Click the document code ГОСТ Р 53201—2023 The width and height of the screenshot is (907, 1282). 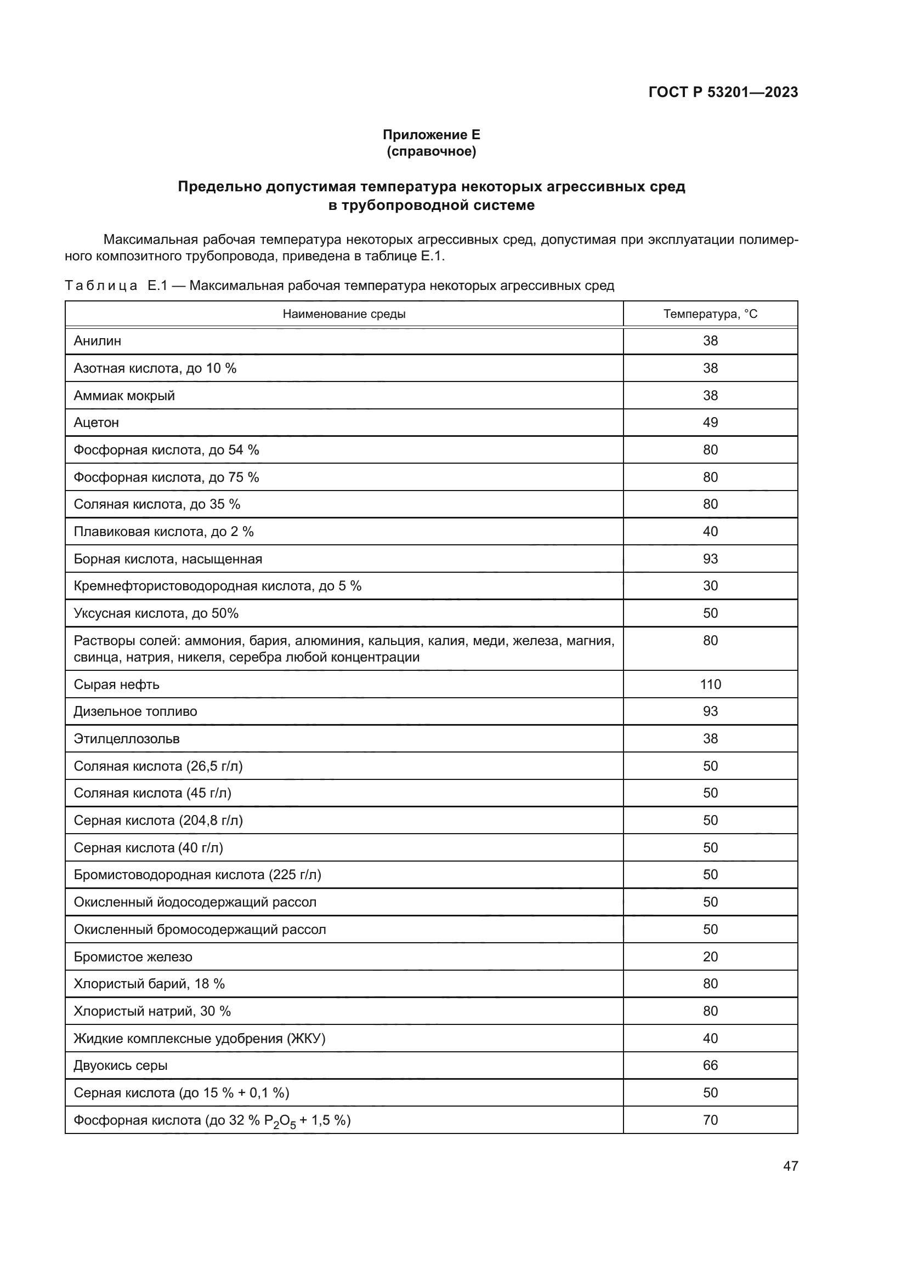click(723, 92)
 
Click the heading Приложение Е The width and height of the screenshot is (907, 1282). click(431, 135)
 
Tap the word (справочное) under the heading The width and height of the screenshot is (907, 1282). click(431, 151)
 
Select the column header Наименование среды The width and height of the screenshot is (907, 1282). click(344, 314)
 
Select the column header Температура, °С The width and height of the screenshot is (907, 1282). click(710, 314)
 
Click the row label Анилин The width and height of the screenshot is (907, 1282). click(97, 340)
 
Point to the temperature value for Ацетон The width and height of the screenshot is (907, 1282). click(710, 423)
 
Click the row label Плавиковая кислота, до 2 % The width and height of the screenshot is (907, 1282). click(163, 532)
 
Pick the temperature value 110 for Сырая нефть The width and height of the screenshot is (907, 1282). click(710, 685)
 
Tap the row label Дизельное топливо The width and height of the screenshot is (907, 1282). click(135, 711)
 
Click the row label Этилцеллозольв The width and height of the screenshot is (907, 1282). click(127, 739)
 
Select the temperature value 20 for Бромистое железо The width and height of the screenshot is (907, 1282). click(710, 957)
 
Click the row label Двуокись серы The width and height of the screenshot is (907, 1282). click(121, 1066)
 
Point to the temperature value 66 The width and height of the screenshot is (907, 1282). click(710, 1066)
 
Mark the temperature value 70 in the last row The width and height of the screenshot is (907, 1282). click(710, 1120)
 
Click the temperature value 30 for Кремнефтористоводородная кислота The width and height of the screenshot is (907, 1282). click(710, 586)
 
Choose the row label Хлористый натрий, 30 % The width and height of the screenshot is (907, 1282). click(152, 1011)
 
